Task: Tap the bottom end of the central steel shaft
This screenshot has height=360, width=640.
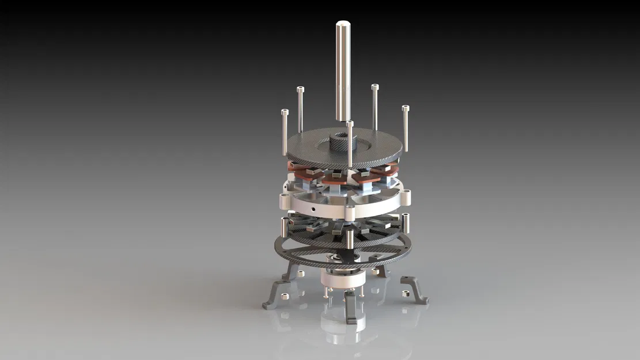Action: pos(343,119)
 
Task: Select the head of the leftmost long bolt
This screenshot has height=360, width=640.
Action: pos(285,112)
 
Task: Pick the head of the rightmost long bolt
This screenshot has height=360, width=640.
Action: pos(406,108)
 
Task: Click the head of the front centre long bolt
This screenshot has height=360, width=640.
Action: pos(350,124)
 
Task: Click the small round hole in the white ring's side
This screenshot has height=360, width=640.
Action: pos(312,209)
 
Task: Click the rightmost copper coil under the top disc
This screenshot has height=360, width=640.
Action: pos(386,170)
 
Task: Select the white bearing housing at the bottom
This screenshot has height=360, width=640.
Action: pos(343,280)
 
